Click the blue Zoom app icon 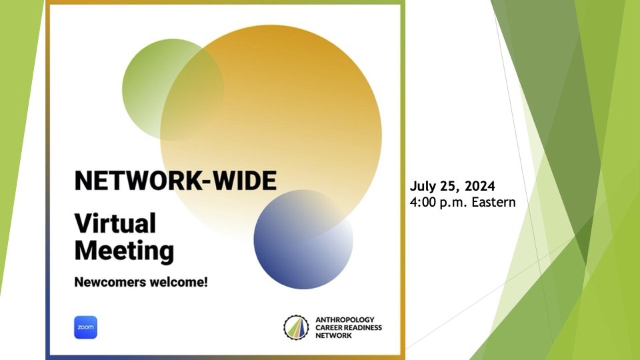pos(86,327)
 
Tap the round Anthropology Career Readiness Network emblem pos(296,327)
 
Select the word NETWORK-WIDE pos(175,181)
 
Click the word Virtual pos(115,223)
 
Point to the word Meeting pos(124,251)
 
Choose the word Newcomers pos(110,282)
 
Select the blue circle pos(303,239)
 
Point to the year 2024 pos(479,186)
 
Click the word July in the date pos(423,187)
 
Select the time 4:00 pos(423,202)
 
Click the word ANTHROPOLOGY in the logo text pos(345,319)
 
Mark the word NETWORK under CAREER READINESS pos(333,335)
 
